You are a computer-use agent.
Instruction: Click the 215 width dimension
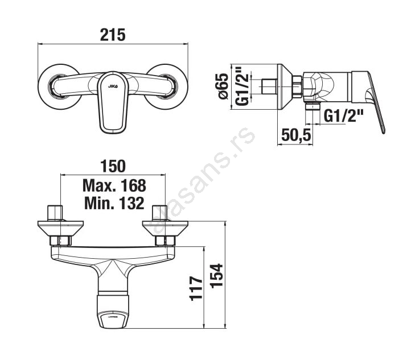coord(113,35)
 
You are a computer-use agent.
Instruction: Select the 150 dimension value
coord(113,166)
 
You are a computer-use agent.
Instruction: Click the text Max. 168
coord(114,185)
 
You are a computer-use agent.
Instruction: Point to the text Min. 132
coord(114,203)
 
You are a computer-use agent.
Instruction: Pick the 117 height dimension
coord(196,288)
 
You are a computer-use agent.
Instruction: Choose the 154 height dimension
coord(216,275)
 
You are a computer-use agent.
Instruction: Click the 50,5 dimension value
coord(296,135)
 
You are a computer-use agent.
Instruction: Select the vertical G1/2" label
coord(242,86)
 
